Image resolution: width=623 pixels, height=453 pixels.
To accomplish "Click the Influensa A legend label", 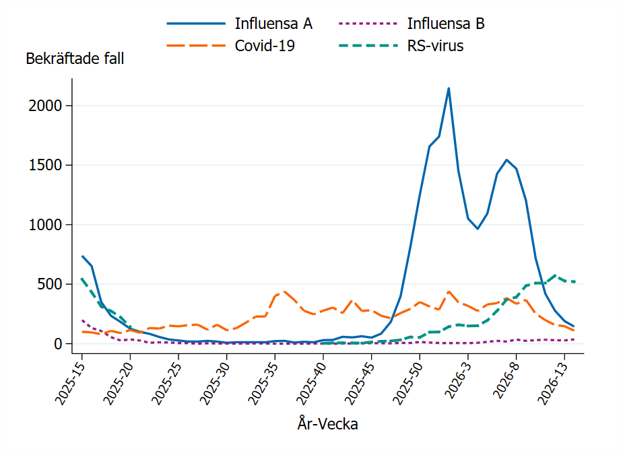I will point(273,24).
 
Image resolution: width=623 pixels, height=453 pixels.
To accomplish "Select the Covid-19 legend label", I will point(265,46).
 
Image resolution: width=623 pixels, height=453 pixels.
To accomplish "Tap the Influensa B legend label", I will point(446,24).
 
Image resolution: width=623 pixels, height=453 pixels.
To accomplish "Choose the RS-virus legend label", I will point(435,46).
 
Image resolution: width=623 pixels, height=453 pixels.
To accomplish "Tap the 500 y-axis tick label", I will point(52,284).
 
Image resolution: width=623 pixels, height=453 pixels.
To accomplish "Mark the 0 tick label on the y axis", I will point(59,344).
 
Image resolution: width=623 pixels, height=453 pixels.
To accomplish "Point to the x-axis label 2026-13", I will point(552,381).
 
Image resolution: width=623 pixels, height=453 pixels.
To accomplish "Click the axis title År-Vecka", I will point(327,424).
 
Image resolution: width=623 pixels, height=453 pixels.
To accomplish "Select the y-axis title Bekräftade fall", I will point(75,59).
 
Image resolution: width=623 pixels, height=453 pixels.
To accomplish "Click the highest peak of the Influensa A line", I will point(449,88).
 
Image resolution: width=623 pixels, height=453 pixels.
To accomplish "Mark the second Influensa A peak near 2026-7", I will point(506,160).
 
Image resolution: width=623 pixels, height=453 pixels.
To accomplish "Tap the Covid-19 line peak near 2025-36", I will point(285,291).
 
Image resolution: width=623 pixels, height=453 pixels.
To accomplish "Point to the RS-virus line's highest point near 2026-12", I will point(554,275).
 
